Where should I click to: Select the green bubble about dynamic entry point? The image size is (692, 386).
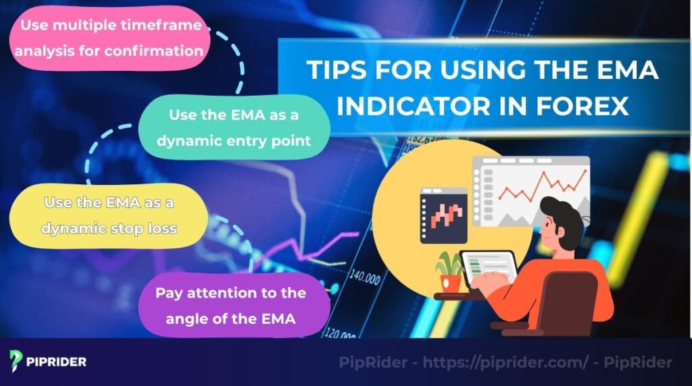click(234, 127)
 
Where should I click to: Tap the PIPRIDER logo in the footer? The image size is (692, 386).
click(48, 362)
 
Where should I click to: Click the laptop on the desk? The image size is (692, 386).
click(487, 271)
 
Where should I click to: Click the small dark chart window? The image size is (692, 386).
click(444, 215)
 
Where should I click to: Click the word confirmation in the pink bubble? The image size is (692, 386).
click(158, 50)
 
